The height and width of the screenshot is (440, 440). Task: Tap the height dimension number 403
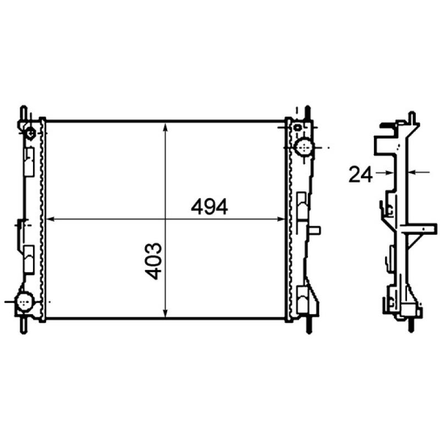156,261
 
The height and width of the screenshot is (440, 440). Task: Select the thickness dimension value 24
360,175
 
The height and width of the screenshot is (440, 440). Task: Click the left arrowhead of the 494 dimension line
51,219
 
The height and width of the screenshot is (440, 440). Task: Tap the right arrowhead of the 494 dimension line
281,219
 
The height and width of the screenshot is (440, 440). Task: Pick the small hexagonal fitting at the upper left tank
30,133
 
